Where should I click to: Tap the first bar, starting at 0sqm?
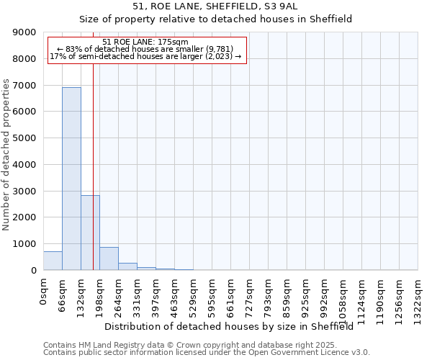coord(53,261)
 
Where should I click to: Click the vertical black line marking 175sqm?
coord(93,144)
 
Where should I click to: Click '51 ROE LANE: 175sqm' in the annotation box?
coord(145,42)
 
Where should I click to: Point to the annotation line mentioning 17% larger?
coord(145,56)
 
